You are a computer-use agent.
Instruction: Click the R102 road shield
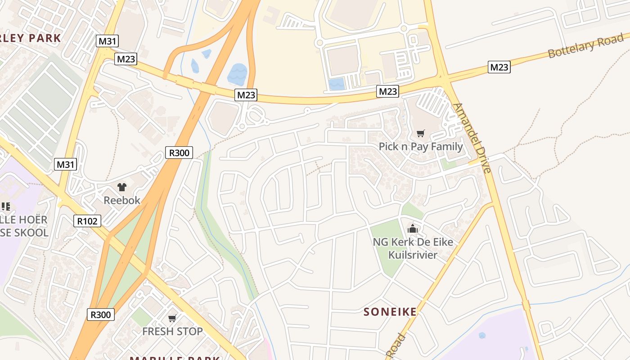(x=87, y=220)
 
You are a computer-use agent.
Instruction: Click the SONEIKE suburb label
(x=390, y=311)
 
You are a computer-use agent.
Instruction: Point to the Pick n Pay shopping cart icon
(x=420, y=133)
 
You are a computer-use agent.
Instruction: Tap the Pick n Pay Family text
(x=420, y=147)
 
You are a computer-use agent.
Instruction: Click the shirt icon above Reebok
(x=121, y=187)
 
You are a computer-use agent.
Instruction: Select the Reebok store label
(x=122, y=200)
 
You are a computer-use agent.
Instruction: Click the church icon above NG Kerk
(x=412, y=229)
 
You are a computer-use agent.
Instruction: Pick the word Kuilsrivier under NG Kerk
(x=412, y=255)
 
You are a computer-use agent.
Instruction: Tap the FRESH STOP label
(x=172, y=332)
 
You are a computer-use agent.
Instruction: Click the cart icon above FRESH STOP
(x=172, y=319)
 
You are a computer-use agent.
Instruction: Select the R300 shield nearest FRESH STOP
(x=100, y=315)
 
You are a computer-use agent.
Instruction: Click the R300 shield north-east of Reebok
(x=179, y=153)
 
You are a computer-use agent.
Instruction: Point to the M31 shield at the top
(x=107, y=41)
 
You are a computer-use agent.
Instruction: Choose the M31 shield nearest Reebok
(x=65, y=164)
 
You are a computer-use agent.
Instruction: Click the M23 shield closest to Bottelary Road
(x=499, y=67)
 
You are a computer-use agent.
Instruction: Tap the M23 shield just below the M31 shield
(x=126, y=58)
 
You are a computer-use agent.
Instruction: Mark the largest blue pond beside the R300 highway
(x=237, y=74)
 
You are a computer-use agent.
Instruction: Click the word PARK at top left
(x=43, y=38)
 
